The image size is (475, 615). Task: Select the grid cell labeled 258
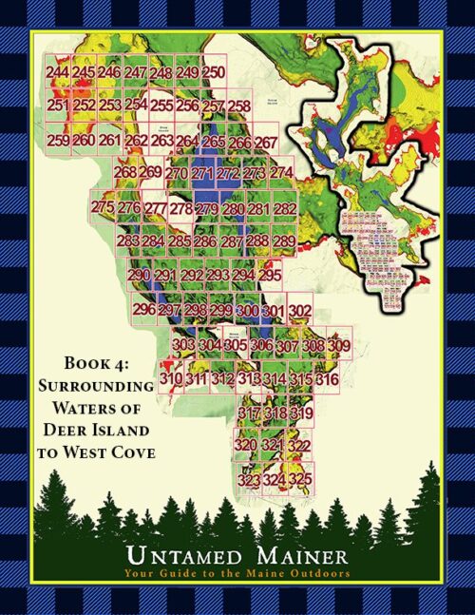point(239,106)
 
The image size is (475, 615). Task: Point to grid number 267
point(266,143)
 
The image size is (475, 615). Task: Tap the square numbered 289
point(283,242)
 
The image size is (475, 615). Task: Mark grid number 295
point(270,276)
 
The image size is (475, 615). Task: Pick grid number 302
point(300,311)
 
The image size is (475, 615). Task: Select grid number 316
point(327,380)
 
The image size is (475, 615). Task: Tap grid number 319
point(301,413)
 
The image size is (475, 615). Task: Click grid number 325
point(300,481)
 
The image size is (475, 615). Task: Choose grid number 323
point(249,481)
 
